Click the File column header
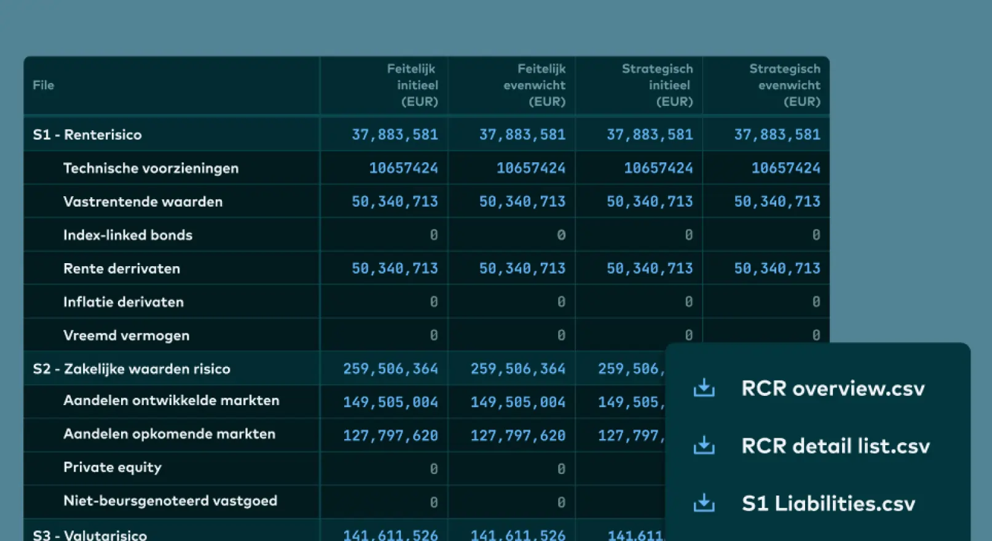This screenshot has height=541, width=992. [44, 85]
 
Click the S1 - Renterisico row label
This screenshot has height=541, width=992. [87, 135]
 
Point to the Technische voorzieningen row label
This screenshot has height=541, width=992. [151, 168]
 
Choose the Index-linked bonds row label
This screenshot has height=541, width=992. [128, 235]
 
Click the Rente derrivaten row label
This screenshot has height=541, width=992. [122, 269]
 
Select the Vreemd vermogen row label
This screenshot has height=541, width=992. [126, 336]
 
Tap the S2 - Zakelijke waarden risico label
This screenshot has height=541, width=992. [132, 369]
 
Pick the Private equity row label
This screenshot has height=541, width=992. [112, 467]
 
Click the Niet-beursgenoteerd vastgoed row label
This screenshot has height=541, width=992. [170, 501]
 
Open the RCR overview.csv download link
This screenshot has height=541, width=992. [833, 389]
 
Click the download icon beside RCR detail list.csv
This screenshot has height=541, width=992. [704, 446]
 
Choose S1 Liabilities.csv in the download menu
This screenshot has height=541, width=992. [829, 504]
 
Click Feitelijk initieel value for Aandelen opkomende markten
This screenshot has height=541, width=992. [390, 436]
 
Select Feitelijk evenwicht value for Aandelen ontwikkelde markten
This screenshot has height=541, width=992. [518, 402]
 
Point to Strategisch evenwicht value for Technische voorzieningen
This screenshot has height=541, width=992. [785, 168]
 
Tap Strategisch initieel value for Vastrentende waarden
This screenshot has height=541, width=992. [650, 202]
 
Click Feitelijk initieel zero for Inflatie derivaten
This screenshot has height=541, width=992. [433, 302]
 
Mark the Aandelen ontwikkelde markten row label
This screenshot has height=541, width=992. [171, 401]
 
